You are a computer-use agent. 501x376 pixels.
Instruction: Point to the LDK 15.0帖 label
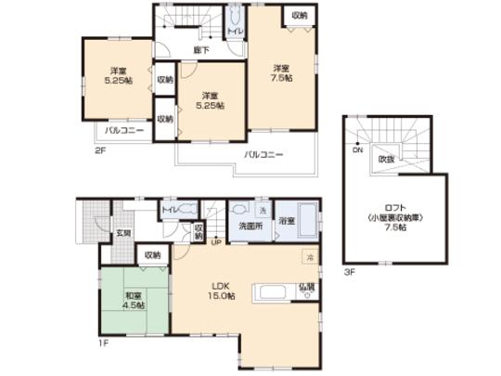(x=219, y=290)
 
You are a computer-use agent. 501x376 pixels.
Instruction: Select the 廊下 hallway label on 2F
(x=199, y=49)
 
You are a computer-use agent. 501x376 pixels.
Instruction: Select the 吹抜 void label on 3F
(x=385, y=160)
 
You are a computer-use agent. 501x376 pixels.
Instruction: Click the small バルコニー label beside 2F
(x=123, y=131)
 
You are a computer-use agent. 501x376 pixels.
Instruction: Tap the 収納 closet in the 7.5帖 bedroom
(x=299, y=17)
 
